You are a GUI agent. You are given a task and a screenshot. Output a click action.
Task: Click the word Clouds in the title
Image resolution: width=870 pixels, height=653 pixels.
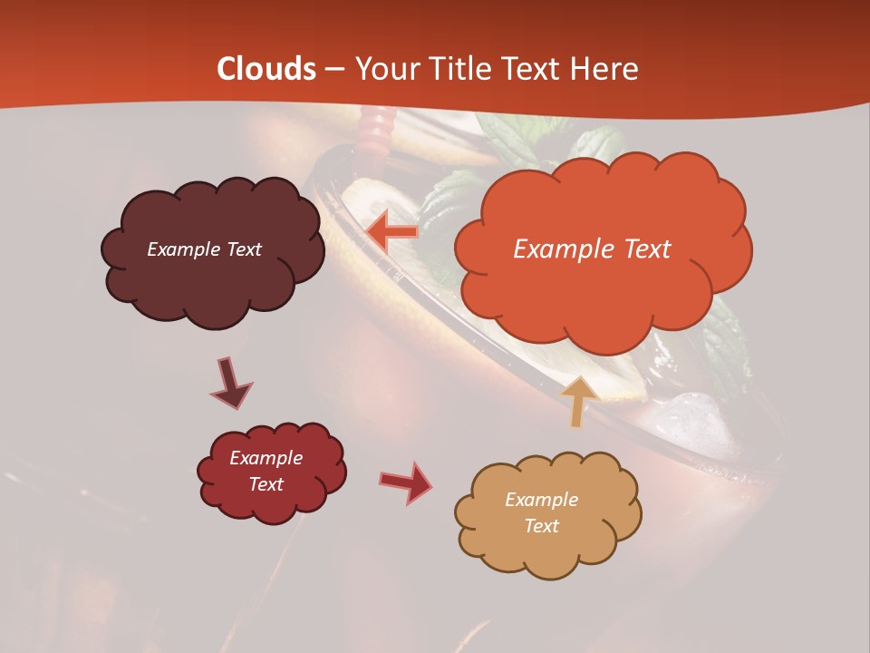click(x=266, y=69)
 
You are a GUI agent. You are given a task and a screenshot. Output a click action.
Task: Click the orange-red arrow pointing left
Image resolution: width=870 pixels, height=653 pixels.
click(x=391, y=232)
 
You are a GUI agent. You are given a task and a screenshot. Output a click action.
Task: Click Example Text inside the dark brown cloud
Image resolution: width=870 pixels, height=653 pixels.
click(x=204, y=249)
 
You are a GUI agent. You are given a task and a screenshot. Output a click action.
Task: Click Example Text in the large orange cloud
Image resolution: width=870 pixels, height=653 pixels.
click(x=592, y=249)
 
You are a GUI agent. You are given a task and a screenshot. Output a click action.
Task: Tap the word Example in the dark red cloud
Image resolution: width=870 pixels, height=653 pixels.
click(x=266, y=458)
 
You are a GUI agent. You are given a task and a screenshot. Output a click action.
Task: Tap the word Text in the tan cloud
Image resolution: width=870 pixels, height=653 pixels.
click(x=541, y=526)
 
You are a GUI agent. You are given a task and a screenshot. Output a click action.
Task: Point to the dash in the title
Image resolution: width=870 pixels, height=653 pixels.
click(x=333, y=70)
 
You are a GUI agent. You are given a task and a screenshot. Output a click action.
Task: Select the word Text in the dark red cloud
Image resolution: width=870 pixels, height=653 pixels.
click(x=266, y=484)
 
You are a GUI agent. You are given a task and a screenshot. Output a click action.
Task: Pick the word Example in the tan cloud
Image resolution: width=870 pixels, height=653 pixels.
click(x=541, y=500)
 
